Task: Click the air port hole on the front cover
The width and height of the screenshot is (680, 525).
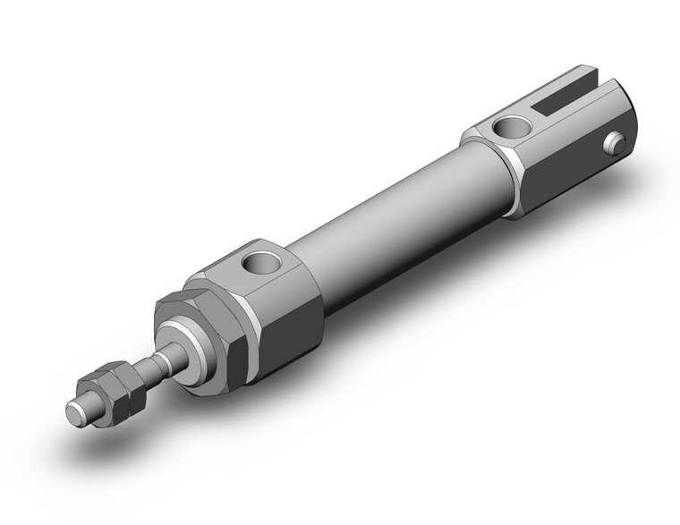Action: [x=262, y=262]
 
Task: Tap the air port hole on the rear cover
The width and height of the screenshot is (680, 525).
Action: [x=514, y=126]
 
